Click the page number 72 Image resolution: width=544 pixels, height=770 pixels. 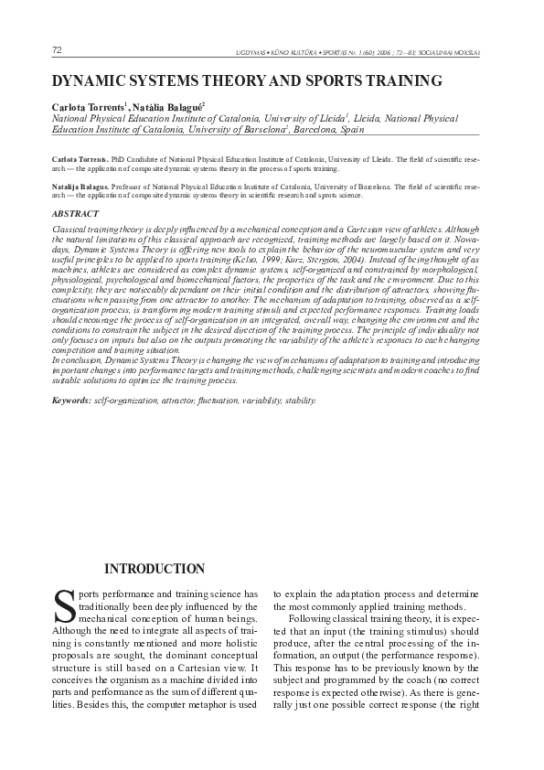pyautogui.click(x=58, y=48)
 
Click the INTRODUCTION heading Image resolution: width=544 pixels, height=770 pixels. pyautogui.click(x=154, y=569)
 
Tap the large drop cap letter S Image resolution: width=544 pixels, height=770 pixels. pyautogui.click(x=64, y=606)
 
